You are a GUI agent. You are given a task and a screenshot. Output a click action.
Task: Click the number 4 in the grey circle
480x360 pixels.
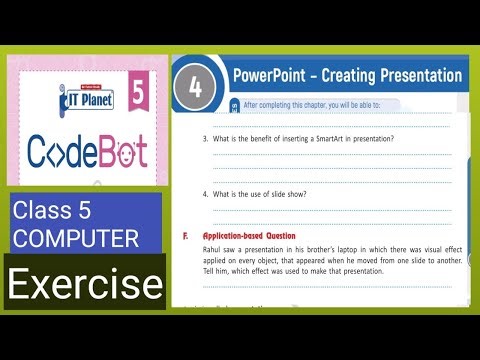pos(195,86)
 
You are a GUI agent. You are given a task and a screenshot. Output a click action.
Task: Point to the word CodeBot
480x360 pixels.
pos(88,152)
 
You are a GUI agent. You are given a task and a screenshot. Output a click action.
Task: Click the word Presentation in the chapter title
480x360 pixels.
pos(415,75)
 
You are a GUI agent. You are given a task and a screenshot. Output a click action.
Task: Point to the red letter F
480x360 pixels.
pos(186,237)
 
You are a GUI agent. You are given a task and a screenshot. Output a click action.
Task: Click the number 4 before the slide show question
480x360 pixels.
pos(204,193)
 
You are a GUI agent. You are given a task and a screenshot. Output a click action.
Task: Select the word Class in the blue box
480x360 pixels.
pos(41,212)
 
